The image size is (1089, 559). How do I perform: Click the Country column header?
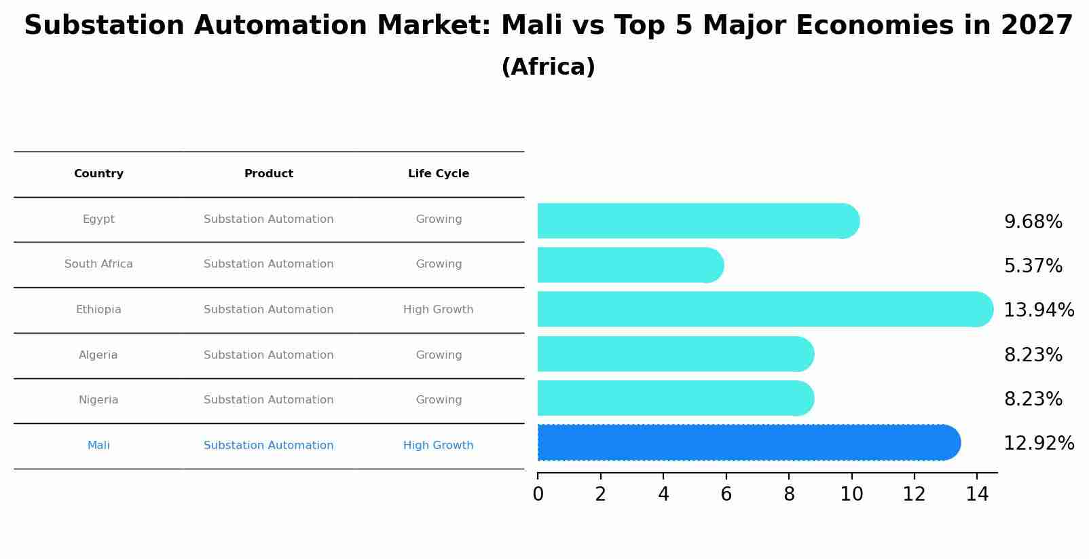[x=98, y=174]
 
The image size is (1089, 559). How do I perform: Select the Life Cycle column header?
[x=439, y=174]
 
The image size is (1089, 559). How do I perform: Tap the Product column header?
[x=269, y=174]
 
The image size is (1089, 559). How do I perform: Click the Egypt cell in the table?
[x=98, y=219]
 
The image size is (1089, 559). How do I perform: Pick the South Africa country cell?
[x=98, y=264]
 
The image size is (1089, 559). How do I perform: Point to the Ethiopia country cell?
[x=98, y=310]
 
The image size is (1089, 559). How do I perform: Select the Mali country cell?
[x=98, y=446]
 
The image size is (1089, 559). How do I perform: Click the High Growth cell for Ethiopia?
[x=439, y=310]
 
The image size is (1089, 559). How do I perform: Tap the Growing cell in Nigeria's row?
[x=439, y=400]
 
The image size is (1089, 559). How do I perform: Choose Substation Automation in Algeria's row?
[x=269, y=355]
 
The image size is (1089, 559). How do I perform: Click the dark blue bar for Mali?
[x=747, y=442]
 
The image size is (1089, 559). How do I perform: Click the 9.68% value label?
[x=1033, y=222]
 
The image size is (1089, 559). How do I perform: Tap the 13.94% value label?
[x=1039, y=310]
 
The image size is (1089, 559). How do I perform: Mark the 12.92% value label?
[x=1039, y=444]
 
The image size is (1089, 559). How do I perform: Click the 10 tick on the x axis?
[x=851, y=494]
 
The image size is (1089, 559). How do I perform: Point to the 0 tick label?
[x=538, y=494]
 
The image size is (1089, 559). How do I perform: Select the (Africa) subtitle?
[x=548, y=67]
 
